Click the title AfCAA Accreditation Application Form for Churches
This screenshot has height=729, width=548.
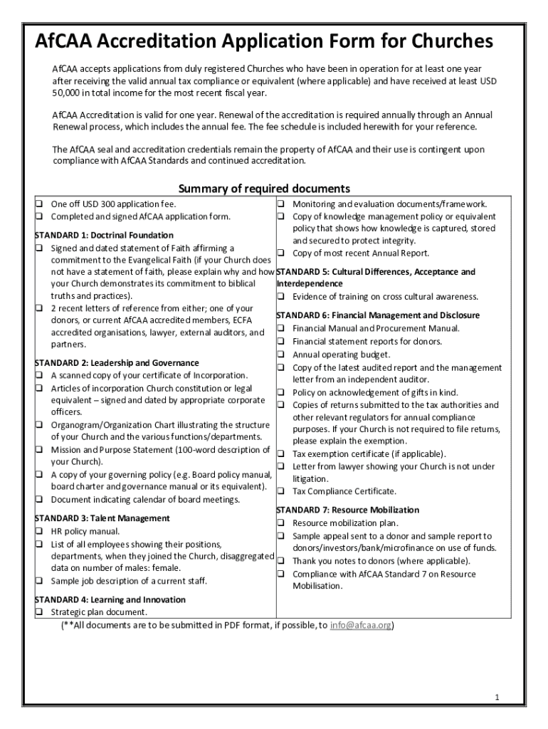[263, 43]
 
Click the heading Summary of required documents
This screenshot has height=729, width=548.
[263, 189]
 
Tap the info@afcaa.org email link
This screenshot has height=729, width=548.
[361, 625]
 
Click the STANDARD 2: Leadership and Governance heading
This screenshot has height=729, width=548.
[117, 362]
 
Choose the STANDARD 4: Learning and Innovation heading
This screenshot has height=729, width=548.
[110, 599]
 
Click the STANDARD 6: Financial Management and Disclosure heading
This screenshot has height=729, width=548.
[377, 315]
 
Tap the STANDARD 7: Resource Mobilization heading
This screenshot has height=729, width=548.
[347, 510]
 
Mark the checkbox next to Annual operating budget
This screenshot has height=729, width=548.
[281, 355]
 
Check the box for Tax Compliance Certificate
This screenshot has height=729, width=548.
[281, 491]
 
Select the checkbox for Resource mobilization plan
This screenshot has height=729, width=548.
[281, 523]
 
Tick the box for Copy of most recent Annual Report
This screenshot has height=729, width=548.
[281, 253]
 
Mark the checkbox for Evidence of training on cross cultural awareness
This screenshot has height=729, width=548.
[281, 297]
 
